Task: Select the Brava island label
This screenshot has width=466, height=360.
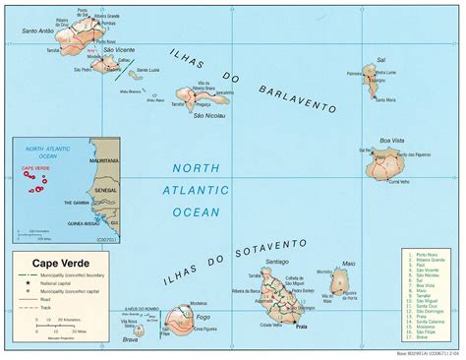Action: pos(129,342)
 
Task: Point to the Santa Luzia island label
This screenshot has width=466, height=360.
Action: pos(147,70)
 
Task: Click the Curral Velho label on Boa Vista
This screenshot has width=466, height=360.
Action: pos(397,181)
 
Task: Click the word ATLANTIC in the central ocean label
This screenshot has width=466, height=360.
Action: pos(201,194)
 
